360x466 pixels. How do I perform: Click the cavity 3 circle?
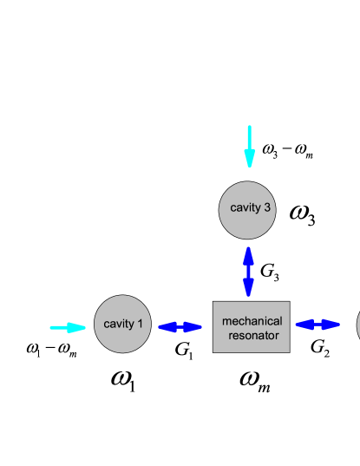pos(247,210)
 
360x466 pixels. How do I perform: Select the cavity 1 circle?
pos(122,324)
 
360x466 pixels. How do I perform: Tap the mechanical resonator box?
pos(251,326)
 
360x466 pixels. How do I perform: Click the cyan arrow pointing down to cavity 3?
pos(249,145)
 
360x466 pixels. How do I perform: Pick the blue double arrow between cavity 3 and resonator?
pos(248,271)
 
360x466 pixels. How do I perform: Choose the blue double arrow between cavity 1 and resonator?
pos(180,327)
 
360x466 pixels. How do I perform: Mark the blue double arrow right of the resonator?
pos(317,325)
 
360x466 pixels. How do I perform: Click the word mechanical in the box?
pos(252,321)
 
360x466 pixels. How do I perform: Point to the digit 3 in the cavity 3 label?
pos(267,207)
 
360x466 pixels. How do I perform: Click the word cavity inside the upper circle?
pos(245,207)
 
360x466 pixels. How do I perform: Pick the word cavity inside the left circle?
pos(119,324)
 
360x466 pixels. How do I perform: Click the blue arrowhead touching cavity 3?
pos(248,253)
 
